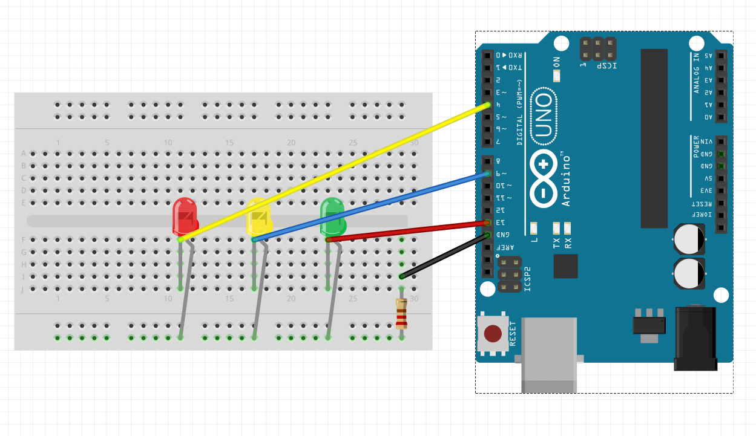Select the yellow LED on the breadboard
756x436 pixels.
pyautogui.click(x=258, y=216)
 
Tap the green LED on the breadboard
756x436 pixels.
pyautogui.click(x=332, y=216)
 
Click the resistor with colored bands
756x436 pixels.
pyautogui.click(x=401, y=313)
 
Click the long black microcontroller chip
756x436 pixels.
pyautogui.click(x=654, y=138)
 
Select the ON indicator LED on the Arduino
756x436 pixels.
pyautogui.click(x=557, y=76)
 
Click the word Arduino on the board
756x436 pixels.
pyautogui.click(x=566, y=180)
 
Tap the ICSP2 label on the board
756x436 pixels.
pyautogui.click(x=527, y=279)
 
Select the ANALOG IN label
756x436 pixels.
pyautogui.click(x=697, y=73)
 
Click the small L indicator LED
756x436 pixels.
pyautogui.click(x=534, y=228)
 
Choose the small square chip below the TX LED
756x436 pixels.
pyautogui.click(x=565, y=266)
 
